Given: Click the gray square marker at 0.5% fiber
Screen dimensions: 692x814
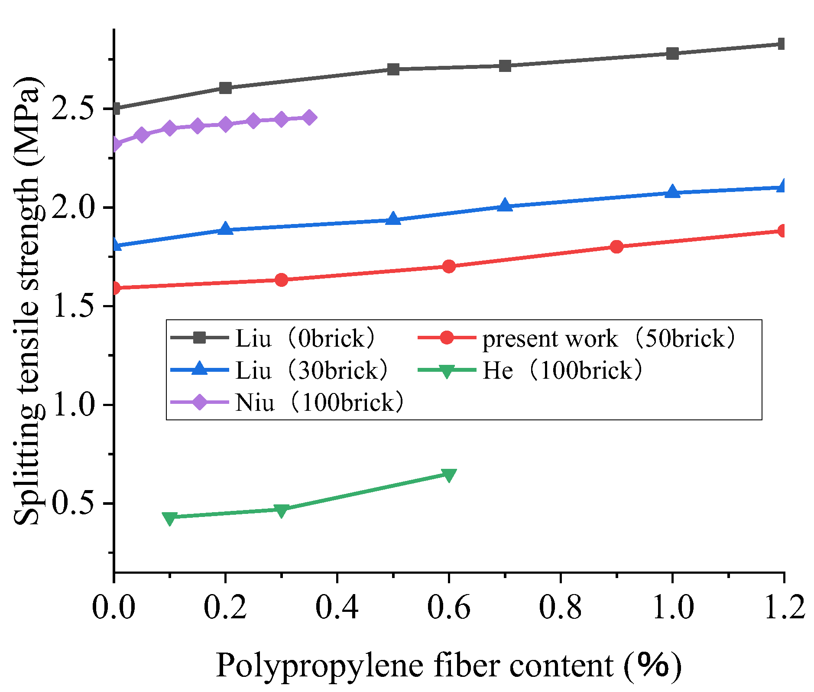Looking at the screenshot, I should (393, 69).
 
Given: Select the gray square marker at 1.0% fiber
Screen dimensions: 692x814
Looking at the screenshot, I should (672, 54).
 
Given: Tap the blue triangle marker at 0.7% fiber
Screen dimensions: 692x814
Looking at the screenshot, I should (505, 206).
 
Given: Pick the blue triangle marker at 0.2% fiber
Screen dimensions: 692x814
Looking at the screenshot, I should (225, 229).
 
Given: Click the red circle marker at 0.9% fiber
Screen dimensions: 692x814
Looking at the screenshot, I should (616, 247).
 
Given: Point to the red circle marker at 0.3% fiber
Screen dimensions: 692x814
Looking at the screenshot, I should (281, 280).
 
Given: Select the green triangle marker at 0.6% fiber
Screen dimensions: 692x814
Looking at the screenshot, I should (449, 475).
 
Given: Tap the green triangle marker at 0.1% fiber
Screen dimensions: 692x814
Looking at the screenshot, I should (170, 517).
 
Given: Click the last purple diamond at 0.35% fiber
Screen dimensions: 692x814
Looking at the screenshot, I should (309, 117).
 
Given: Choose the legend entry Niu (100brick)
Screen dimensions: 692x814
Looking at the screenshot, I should (319, 403).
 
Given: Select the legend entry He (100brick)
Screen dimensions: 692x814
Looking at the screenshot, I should (562, 370).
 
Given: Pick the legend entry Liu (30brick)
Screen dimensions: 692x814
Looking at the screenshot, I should (311, 370).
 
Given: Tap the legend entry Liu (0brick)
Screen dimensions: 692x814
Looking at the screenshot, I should (305, 338).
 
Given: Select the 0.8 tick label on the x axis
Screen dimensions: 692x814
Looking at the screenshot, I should (560, 608).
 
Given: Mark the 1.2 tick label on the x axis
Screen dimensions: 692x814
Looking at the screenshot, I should (783, 608).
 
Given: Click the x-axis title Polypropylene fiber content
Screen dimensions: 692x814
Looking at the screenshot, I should (448, 665).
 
